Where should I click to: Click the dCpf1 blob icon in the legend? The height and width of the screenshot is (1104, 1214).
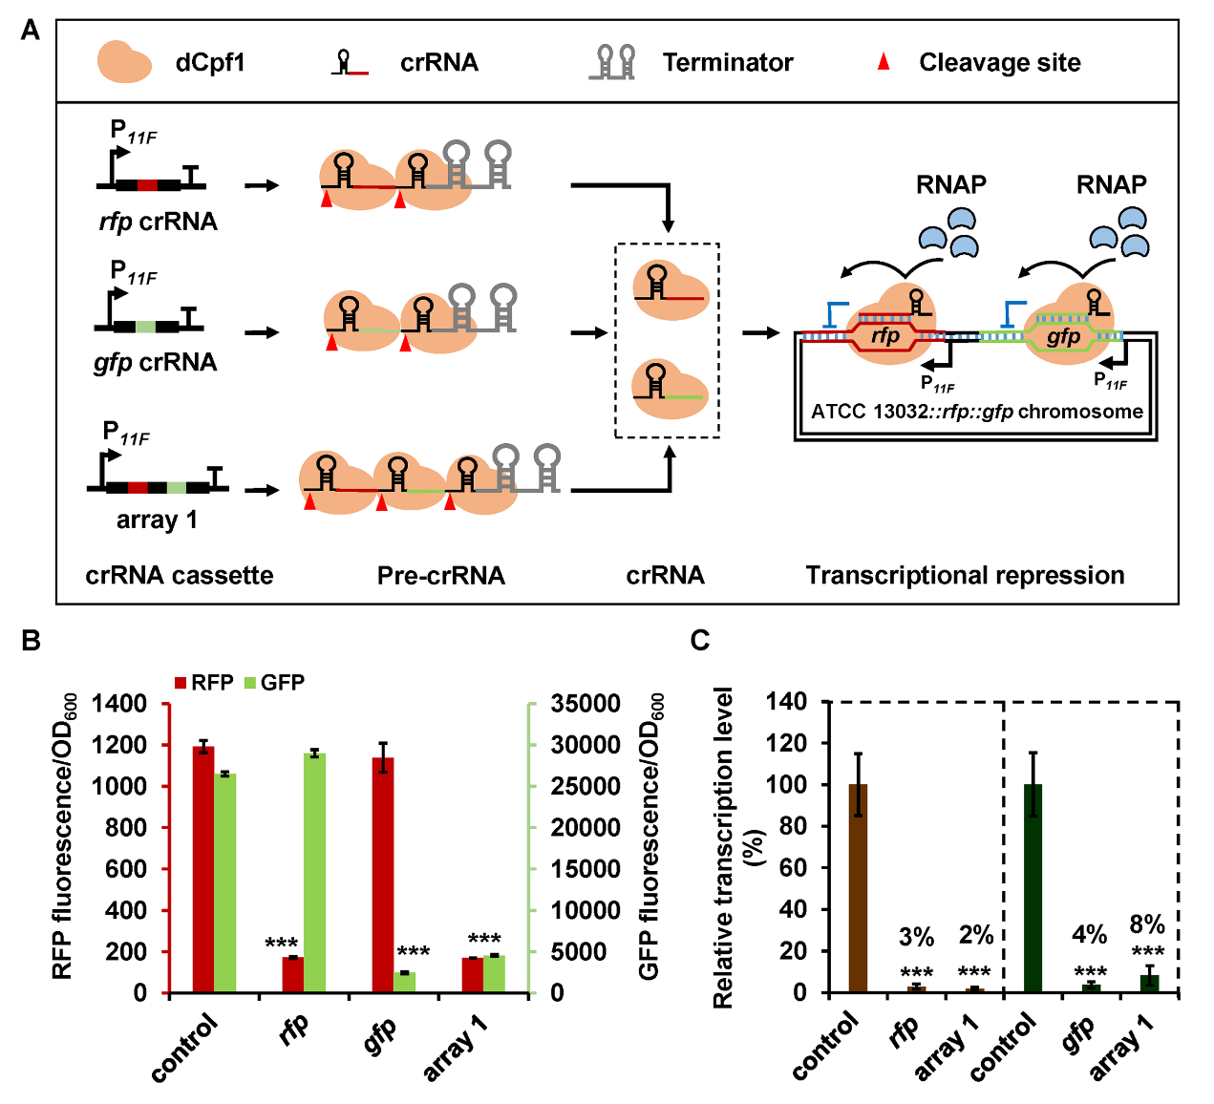coord(124,62)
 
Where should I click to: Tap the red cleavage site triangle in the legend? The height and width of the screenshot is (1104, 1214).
coord(884,62)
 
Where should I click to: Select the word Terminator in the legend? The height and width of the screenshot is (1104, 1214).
coord(728,63)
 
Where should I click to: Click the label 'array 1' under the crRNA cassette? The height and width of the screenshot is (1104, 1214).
coord(157,520)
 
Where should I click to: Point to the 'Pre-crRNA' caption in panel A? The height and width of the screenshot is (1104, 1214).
coord(440,576)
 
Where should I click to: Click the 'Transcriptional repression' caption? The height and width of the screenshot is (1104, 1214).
coord(965,576)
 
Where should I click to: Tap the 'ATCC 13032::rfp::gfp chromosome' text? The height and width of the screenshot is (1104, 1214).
coord(977,412)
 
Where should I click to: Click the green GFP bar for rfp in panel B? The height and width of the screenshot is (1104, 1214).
coord(314,873)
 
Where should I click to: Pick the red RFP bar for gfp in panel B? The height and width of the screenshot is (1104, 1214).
coord(383,875)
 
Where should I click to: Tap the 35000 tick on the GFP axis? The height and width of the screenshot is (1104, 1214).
coord(586,704)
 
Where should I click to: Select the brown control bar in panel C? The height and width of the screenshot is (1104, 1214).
coord(858,888)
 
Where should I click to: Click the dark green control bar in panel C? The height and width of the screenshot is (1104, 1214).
coord(1033,888)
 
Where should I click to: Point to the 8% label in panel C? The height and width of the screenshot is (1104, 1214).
coord(1147,924)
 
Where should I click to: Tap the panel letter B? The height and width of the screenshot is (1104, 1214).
coord(31,640)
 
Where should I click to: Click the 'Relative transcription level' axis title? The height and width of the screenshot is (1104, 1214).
coord(723,848)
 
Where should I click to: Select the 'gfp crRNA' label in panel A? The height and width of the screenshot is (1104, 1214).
coord(156,363)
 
